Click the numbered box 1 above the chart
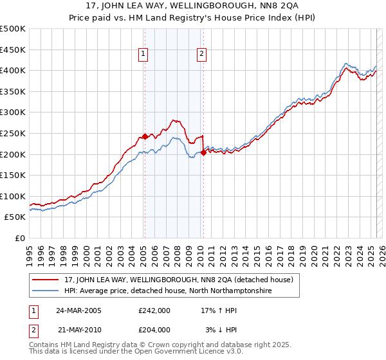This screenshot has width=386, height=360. [x=142, y=55]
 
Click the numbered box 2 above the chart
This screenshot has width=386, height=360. [x=201, y=55]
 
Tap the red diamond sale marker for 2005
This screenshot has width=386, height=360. [x=145, y=136]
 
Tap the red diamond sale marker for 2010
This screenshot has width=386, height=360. [x=203, y=152]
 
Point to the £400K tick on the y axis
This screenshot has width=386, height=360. [x=14, y=70]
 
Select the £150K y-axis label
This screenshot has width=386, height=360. [x=14, y=175]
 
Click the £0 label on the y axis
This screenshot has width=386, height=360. [x=20, y=238]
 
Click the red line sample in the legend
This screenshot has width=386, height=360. [x=46, y=280]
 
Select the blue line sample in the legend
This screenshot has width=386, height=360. [x=46, y=291]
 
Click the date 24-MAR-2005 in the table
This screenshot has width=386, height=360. [x=79, y=310]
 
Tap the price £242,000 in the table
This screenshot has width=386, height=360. [x=154, y=310]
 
